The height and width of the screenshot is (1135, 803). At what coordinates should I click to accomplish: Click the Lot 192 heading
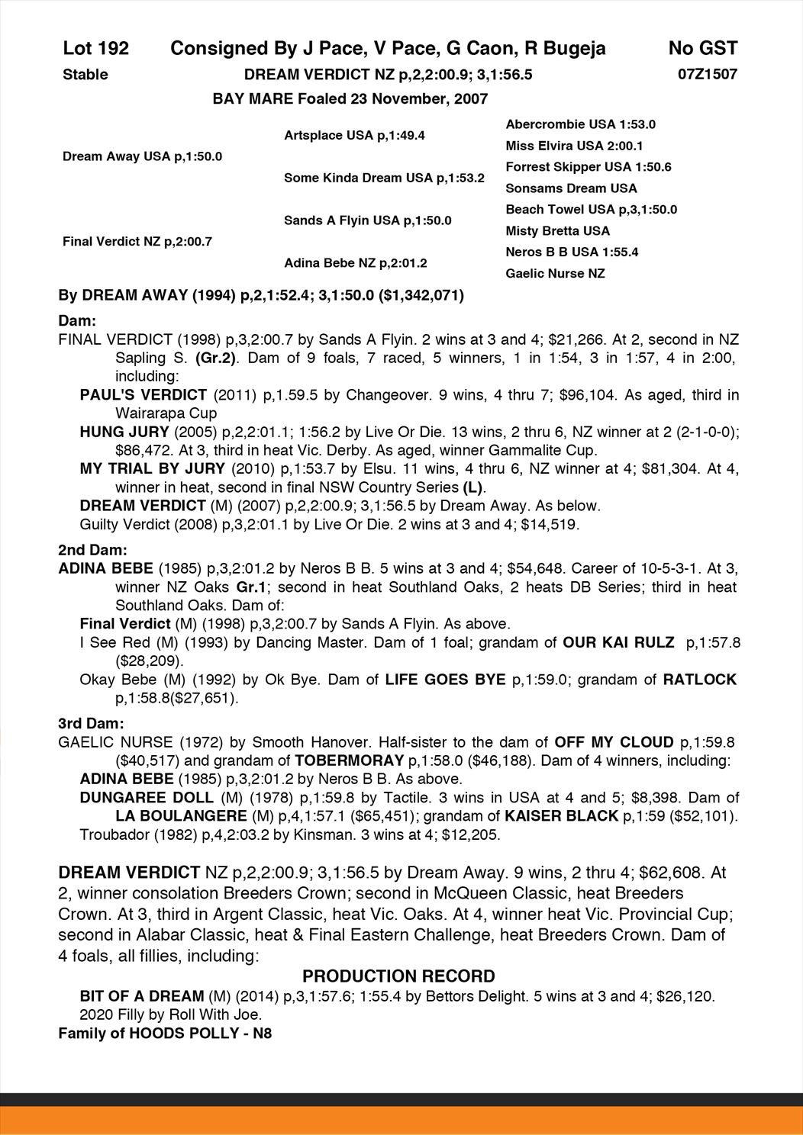(x=96, y=49)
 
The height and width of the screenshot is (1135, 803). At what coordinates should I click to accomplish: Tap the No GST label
(x=702, y=49)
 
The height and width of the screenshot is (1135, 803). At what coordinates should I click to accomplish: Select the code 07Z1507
(x=707, y=75)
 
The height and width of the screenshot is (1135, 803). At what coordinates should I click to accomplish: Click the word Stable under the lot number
(x=85, y=75)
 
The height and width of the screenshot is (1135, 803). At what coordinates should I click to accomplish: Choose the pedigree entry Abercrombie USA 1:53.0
(x=580, y=124)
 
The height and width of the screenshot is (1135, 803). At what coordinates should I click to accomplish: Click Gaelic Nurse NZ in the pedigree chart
(x=555, y=274)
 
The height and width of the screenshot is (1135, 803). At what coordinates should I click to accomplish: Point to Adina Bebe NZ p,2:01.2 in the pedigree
(x=355, y=263)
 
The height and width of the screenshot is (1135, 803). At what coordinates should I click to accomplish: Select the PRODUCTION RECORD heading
(x=398, y=976)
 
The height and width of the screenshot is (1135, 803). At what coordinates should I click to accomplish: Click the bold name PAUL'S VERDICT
(x=144, y=395)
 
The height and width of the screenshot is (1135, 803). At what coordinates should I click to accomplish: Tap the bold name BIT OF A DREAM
(x=142, y=996)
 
